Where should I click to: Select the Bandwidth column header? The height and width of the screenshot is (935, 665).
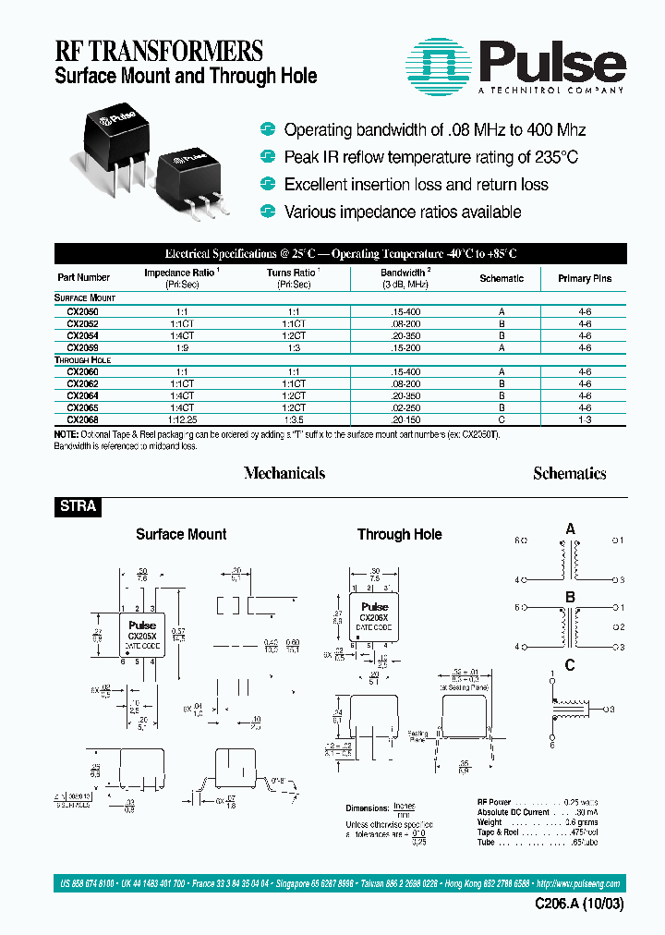(403, 278)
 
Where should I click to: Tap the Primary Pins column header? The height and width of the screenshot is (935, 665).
(585, 278)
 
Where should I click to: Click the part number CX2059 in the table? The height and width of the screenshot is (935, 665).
(83, 348)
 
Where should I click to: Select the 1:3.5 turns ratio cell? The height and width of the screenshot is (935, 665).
(294, 419)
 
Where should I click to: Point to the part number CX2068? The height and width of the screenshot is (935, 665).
(83, 419)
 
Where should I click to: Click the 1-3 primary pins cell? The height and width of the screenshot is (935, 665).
(585, 419)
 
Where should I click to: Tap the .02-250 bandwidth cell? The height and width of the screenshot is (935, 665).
(405, 407)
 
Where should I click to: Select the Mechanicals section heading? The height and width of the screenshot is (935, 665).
(284, 473)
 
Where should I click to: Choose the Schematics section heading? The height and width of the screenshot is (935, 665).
(570, 473)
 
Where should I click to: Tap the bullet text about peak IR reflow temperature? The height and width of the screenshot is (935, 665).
(431, 157)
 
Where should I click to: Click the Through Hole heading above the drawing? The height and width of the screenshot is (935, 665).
(399, 534)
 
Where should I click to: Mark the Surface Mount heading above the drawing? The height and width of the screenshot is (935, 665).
(181, 534)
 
